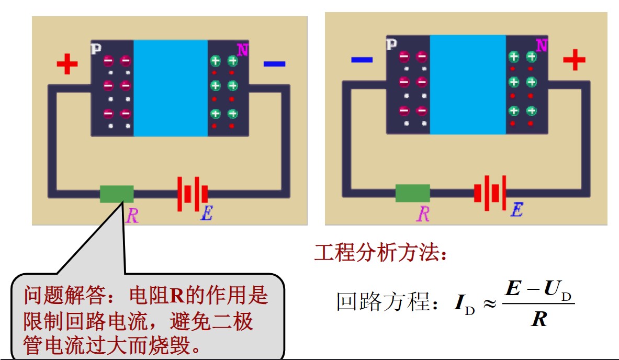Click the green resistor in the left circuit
(x=117, y=194)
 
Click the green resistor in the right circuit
(x=412, y=193)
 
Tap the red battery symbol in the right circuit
(x=490, y=193)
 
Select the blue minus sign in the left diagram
(x=274, y=64)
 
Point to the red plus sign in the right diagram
(x=574, y=60)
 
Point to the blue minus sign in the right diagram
(x=362, y=60)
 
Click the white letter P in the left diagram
(x=96, y=49)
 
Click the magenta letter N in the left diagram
(x=242, y=50)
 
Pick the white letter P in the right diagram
(x=391, y=44)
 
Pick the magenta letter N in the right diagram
(x=542, y=46)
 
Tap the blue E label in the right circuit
(x=516, y=210)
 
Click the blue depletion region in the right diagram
(x=468, y=84)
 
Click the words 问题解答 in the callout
(x=54, y=297)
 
